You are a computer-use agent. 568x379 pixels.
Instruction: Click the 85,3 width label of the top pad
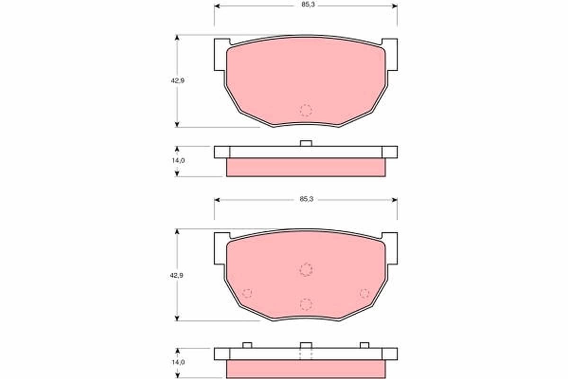click(308, 5)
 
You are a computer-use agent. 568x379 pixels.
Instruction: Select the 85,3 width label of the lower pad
click(307, 199)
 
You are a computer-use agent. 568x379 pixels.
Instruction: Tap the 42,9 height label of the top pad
click(177, 81)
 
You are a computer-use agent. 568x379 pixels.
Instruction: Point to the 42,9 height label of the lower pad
click(177, 275)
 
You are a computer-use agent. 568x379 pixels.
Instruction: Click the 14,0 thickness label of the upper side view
click(178, 161)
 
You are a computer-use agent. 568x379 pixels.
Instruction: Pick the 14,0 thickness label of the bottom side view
click(178, 362)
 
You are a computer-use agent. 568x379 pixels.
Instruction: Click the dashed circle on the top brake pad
click(306, 110)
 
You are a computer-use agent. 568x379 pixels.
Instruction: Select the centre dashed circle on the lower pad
click(306, 270)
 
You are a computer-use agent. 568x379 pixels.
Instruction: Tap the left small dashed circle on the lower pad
click(247, 293)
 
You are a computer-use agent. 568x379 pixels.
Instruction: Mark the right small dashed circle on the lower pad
click(364, 293)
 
